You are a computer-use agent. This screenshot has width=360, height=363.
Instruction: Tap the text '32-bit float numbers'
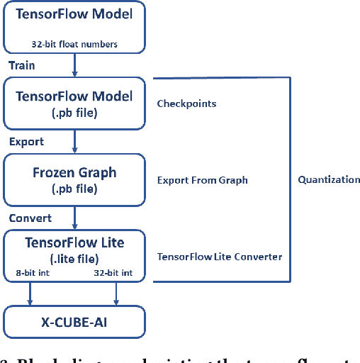pyautogui.click(x=75, y=44)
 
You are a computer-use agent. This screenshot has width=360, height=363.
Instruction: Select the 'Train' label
pyautogui.click(x=22, y=65)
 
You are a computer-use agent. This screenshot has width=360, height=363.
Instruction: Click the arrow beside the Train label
pyautogui.click(x=75, y=67)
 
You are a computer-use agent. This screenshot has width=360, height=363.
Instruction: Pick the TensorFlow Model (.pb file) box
pyautogui.click(x=74, y=104)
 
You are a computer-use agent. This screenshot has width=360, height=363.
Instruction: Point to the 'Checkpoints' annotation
pyautogui.click(x=186, y=104)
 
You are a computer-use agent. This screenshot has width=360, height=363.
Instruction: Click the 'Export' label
pyautogui.click(x=26, y=142)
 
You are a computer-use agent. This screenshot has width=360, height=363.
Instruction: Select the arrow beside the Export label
pyautogui.click(x=75, y=143)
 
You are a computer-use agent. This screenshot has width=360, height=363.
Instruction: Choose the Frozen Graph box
pyautogui.click(x=74, y=180)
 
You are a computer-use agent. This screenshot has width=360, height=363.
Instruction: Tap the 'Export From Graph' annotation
pyautogui.click(x=202, y=180)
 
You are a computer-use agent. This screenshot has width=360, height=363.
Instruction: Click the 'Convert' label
pyautogui.click(x=30, y=218)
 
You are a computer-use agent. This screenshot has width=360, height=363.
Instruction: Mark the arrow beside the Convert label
pyautogui.click(x=75, y=219)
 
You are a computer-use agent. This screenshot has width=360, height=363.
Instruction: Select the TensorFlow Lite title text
pyautogui.click(x=74, y=242)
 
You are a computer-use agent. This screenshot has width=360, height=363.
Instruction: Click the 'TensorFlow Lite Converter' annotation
pyautogui.click(x=219, y=257)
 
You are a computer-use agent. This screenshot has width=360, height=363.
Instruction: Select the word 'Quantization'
pyautogui.click(x=328, y=179)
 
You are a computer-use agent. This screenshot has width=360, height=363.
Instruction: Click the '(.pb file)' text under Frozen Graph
pyautogui.click(x=74, y=189)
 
